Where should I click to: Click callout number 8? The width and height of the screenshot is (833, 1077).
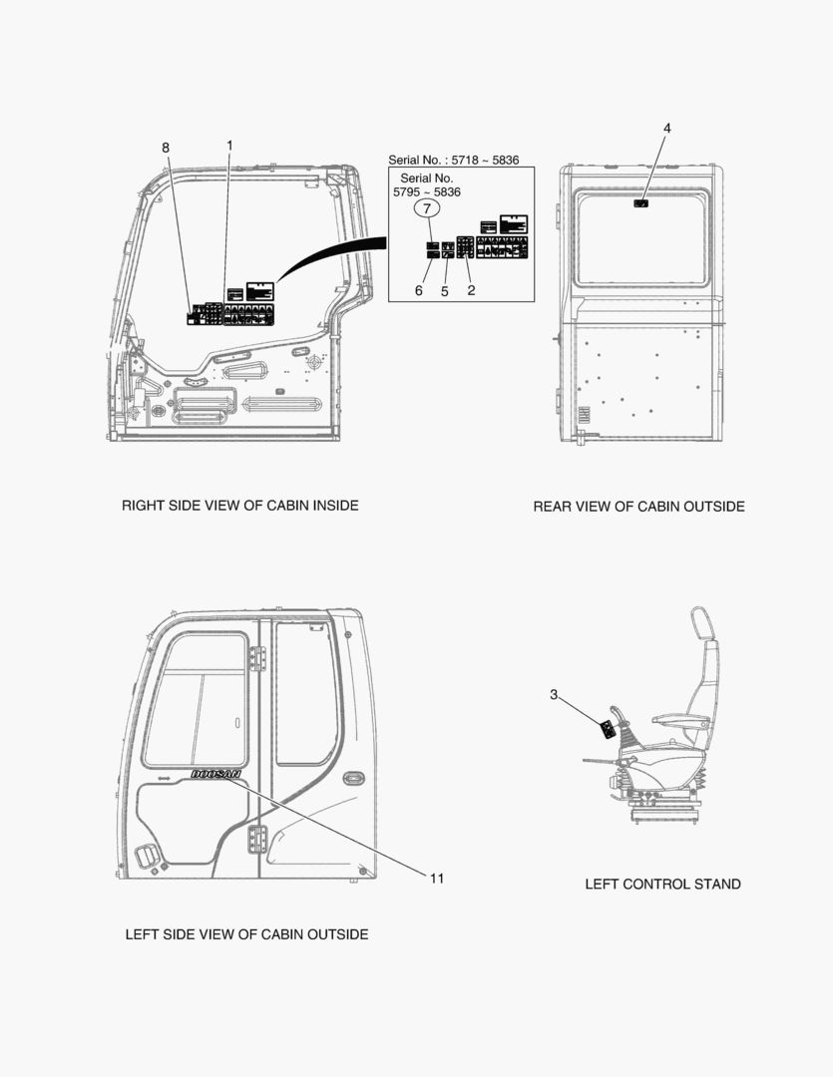point(166,149)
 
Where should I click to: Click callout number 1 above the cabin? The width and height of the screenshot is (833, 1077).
point(229,146)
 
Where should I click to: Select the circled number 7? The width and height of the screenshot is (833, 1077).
point(426,209)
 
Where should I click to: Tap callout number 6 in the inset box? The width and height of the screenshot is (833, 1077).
point(419,290)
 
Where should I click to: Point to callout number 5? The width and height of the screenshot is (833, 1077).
point(445,291)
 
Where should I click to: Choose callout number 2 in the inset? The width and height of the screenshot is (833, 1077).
point(471,290)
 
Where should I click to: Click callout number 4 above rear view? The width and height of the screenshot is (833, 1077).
point(667,128)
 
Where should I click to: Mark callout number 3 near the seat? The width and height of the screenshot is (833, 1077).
point(554,695)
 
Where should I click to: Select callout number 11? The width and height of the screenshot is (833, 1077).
point(437,878)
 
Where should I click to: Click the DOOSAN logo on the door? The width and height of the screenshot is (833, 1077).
point(215,774)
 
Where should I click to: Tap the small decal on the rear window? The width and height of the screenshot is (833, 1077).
point(641,203)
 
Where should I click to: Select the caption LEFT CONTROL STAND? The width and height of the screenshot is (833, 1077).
point(662,884)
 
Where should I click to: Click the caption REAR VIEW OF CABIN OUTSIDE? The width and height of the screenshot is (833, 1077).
point(638,507)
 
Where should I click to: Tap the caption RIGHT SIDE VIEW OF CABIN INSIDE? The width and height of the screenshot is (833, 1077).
point(239,506)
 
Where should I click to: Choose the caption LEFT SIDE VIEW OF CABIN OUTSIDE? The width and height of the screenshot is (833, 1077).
point(246,934)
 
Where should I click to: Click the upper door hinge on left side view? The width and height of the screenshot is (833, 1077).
point(257,658)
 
